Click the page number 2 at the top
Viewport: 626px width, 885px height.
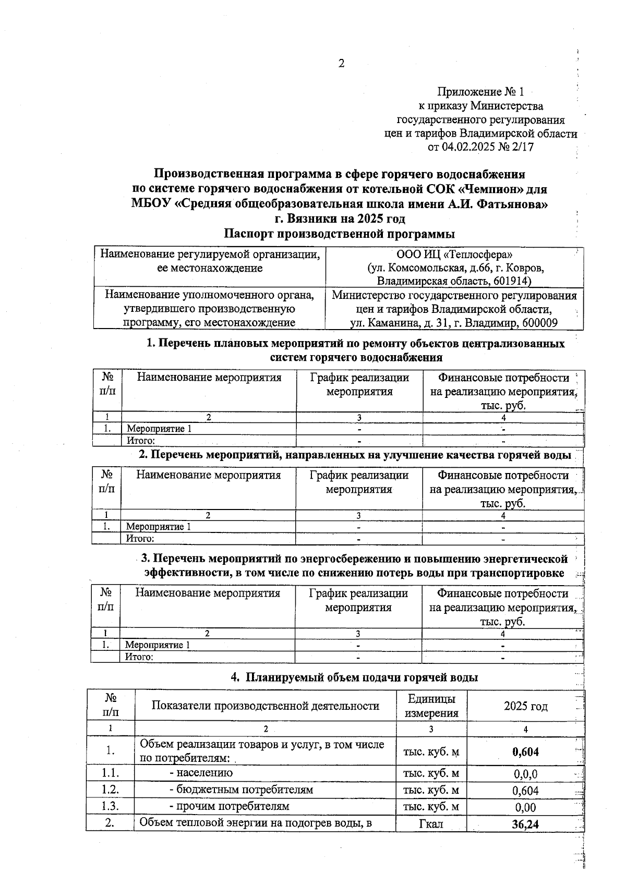[x=341, y=64]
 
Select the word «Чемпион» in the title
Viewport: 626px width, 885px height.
[x=483, y=188]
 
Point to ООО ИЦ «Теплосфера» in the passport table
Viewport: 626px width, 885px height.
[x=454, y=254]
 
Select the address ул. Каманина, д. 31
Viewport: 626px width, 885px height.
[x=399, y=323]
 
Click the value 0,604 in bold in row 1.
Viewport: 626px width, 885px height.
[x=525, y=751]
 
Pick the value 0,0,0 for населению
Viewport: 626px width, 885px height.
[x=525, y=774]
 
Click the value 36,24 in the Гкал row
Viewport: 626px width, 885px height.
[x=525, y=824]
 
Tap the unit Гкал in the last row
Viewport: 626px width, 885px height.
[x=431, y=824]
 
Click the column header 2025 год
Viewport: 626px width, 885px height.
[x=525, y=706]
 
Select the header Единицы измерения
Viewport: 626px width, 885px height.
[x=431, y=706]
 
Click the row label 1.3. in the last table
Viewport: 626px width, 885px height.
[x=110, y=806]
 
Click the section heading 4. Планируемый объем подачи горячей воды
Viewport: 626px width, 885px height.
[x=354, y=677]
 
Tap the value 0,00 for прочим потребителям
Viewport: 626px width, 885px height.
[x=525, y=807]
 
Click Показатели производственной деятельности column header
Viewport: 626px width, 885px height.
[x=265, y=706]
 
